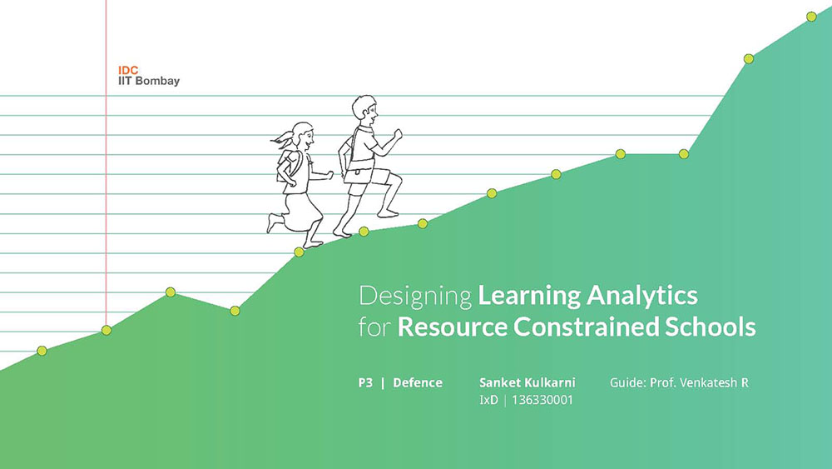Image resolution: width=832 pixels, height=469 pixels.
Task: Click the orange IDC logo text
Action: pyautogui.click(x=128, y=70)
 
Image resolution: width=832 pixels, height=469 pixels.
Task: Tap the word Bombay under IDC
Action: pyautogui.click(x=157, y=82)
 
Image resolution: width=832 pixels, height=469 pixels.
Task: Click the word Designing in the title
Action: pyautogui.click(x=415, y=296)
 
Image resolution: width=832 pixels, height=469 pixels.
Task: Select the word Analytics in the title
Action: pyautogui.click(x=642, y=295)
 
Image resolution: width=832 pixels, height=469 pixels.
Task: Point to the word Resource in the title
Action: pyautogui.click(x=452, y=326)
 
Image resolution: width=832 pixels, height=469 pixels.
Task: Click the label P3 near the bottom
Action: pyautogui.click(x=365, y=383)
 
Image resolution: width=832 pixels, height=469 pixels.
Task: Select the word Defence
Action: pyautogui.click(x=418, y=383)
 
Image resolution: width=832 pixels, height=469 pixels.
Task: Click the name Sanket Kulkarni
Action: pyautogui.click(x=527, y=382)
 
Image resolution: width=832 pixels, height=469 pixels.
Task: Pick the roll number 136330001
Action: pyautogui.click(x=542, y=400)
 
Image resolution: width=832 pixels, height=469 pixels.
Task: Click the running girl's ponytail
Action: pyautogui.click(x=282, y=139)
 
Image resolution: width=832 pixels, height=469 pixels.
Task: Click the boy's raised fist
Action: pyautogui.click(x=398, y=134)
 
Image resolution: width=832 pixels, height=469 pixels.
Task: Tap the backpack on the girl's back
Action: pyautogui.click(x=287, y=165)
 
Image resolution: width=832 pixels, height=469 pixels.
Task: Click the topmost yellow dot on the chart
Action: pyautogui.click(x=811, y=17)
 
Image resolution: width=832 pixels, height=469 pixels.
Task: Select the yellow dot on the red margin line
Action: pyautogui.click(x=106, y=331)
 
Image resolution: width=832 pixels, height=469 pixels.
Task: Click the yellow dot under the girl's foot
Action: pyautogui.click(x=300, y=252)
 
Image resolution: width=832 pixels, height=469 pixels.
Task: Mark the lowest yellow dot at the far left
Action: pyautogui.click(x=42, y=351)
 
